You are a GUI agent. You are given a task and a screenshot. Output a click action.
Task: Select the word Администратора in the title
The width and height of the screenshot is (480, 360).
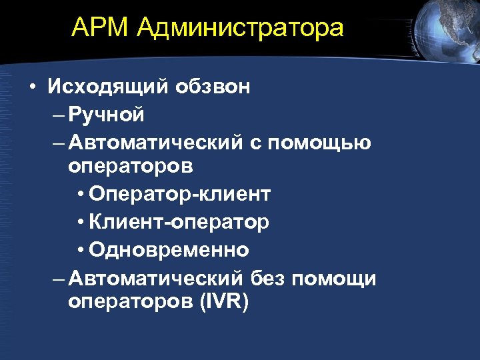pos(241,29)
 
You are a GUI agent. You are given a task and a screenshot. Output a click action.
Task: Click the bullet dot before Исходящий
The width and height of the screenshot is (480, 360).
pos(32,88)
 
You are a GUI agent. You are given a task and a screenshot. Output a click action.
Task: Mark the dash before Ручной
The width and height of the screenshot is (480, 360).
pos(58,115)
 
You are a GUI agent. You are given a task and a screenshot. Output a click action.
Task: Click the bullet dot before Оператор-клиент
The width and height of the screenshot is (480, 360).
pos(81,195)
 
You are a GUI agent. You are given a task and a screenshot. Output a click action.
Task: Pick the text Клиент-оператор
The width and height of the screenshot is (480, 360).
pos(179,222)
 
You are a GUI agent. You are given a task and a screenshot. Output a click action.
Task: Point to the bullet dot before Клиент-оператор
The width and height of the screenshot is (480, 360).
pos(81,223)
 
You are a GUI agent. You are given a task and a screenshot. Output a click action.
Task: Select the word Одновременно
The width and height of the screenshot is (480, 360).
pos(169,250)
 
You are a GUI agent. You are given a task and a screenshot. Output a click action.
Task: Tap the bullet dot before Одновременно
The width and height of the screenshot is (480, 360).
pos(81,251)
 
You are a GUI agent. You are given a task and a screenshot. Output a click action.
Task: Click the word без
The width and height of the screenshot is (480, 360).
pos(269,278)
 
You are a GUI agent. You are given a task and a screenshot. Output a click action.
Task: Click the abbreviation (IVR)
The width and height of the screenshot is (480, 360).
pos(224,301)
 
